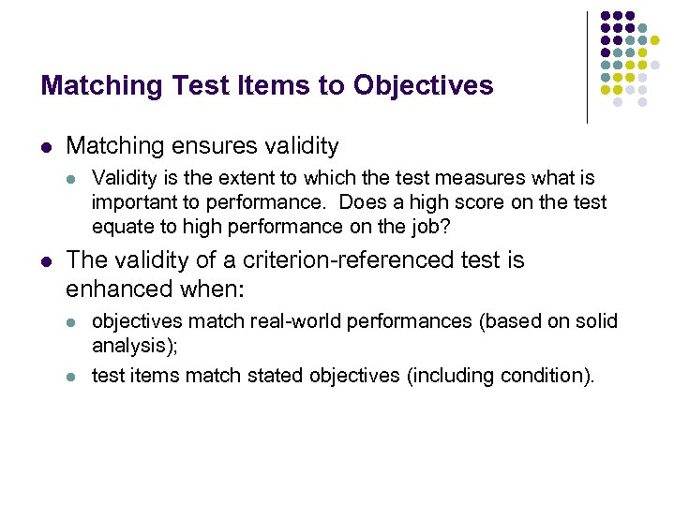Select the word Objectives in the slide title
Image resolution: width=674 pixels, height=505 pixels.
423,86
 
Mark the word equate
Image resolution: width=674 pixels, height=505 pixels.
120,227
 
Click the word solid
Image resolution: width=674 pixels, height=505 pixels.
594,321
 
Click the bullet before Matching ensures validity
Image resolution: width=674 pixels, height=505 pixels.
47,146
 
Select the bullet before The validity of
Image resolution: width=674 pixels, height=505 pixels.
47,260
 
